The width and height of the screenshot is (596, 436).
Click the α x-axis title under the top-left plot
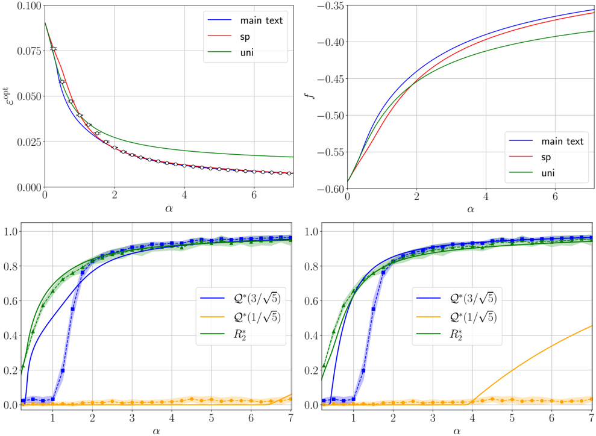coord(168,210)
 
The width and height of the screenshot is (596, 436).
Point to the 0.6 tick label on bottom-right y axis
coord(312,301)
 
